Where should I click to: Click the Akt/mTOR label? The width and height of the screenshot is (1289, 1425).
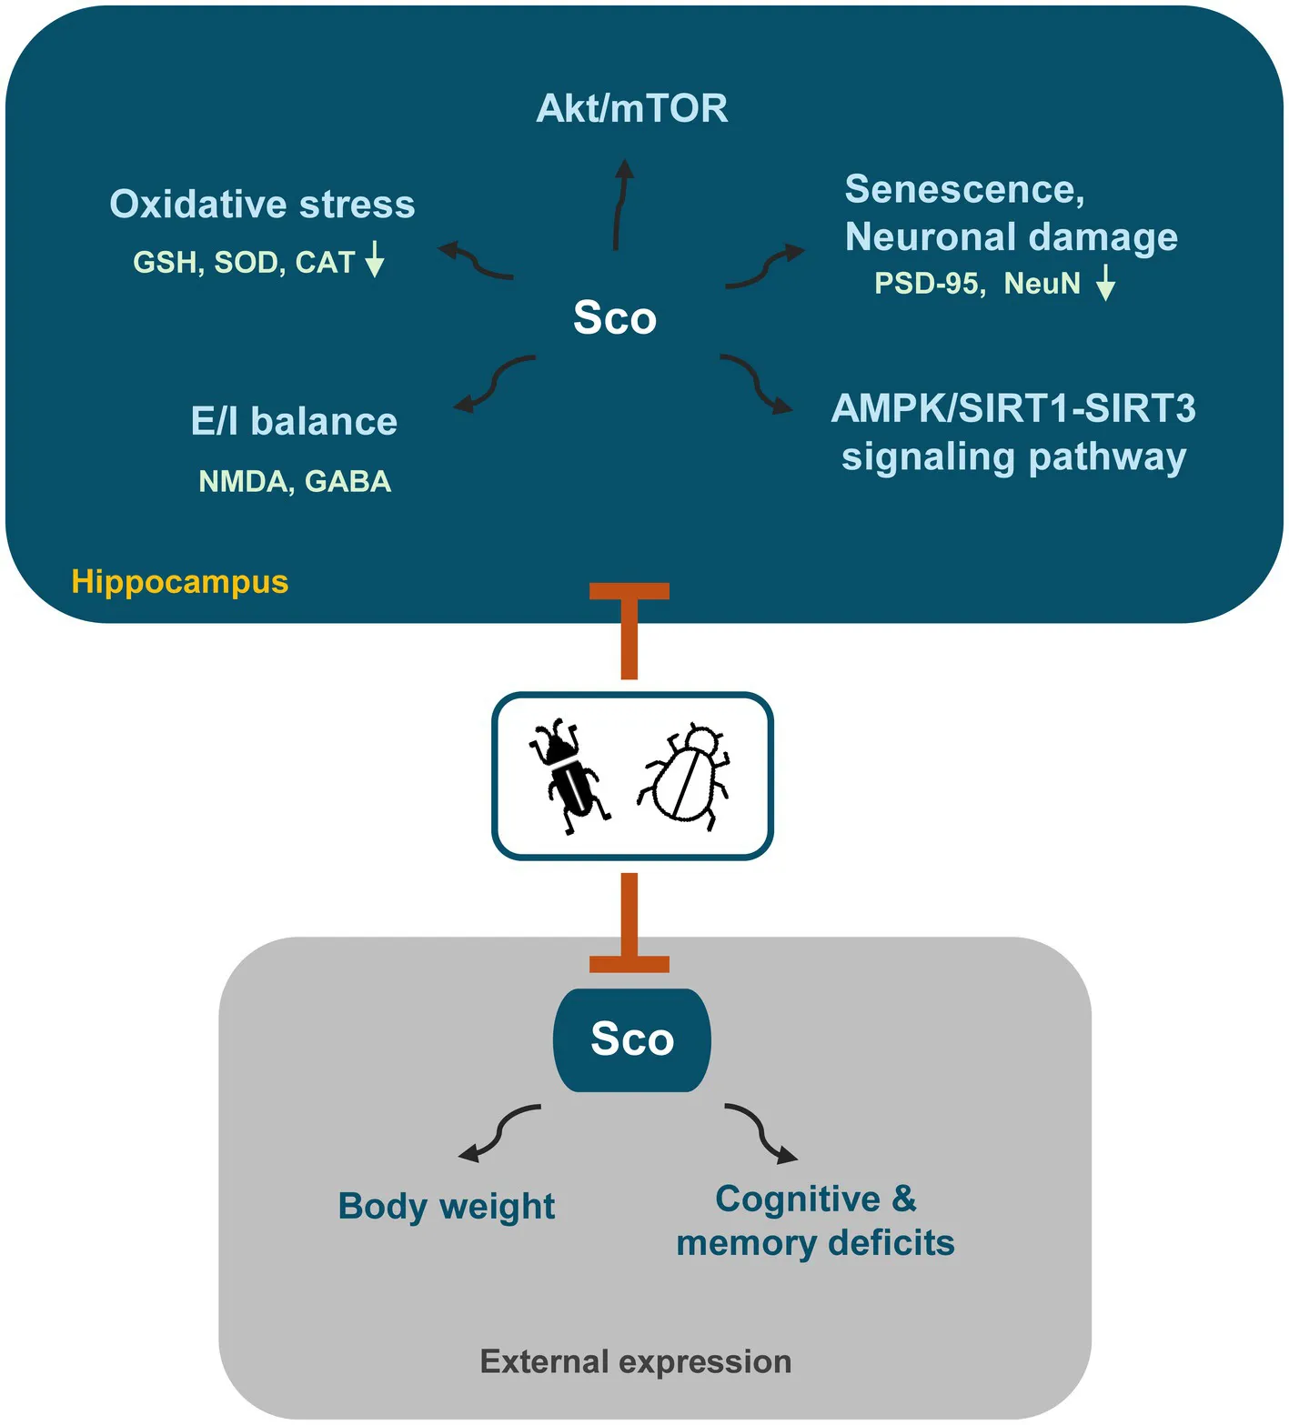pyautogui.click(x=632, y=108)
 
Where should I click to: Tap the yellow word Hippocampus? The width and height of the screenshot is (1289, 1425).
pyautogui.click(x=180, y=582)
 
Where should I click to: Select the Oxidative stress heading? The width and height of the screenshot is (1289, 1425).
pyautogui.click(x=262, y=205)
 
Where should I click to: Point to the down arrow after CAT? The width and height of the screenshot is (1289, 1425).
pyautogui.click(x=374, y=259)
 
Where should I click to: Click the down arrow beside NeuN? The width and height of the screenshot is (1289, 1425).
pyautogui.click(x=1105, y=282)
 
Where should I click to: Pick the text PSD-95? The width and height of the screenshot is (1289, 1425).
pyautogui.click(x=928, y=284)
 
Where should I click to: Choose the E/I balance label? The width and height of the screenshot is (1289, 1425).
pyautogui.click(x=294, y=422)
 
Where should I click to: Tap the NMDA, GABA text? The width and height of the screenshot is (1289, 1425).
pyautogui.click(x=295, y=481)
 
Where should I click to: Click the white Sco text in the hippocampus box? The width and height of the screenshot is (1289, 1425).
pyautogui.click(x=615, y=317)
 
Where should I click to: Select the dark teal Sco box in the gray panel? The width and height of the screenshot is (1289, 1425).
pyautogui.click(x=632, y=1040)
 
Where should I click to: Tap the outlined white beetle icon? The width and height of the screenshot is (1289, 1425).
pyautogui.click(x=684, y=776)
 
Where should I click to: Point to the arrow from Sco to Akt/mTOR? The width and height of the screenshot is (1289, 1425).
pyautogui.click(x=619, y=205)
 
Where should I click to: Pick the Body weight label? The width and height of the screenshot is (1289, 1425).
pyautogui.click(x=447, y=1207)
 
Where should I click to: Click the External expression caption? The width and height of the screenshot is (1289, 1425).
pyautogui.click(x=636, y=1362)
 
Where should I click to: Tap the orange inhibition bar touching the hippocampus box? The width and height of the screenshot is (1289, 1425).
pyautogui.click(x=629, y=631)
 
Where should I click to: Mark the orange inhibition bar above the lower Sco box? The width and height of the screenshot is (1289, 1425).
pyautogui.click(x=629, y=922)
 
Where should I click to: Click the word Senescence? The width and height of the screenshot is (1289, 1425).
pyautogui.click(x=964, y=190)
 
